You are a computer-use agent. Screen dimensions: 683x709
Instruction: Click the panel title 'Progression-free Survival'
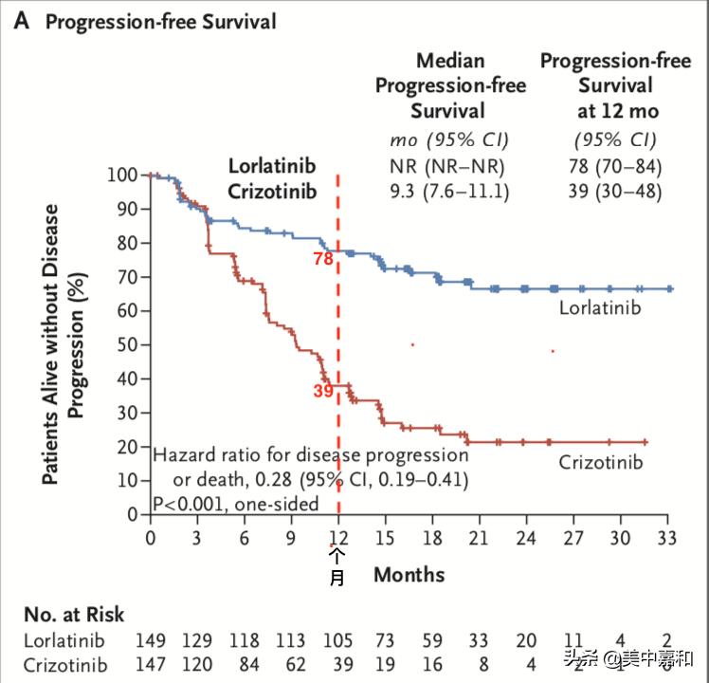coord(160,22)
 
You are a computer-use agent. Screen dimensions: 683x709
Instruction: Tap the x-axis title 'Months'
coord(409,575)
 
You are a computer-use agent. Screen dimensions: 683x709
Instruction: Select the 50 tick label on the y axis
coord(129,344)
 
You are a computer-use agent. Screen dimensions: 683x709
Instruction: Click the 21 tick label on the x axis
coord(478,538)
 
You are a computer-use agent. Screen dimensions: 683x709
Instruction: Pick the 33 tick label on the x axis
coord(668,538)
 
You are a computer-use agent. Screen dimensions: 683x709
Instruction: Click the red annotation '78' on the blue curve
coord(323,258)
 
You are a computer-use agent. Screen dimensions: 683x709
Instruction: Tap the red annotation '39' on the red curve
coord(323,390)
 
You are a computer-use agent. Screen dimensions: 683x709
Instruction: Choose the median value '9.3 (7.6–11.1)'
coord(450,192)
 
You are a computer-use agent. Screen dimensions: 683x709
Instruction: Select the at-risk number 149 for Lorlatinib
coord(152,641)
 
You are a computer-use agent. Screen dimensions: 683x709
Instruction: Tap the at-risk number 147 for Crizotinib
coord(152,665)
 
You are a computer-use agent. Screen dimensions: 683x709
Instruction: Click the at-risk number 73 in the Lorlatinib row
coord(385,641)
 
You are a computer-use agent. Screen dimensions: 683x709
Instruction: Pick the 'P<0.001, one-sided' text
coord(236,504)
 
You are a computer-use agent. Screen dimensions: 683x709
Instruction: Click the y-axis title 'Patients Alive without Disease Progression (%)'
coord(64,344)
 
